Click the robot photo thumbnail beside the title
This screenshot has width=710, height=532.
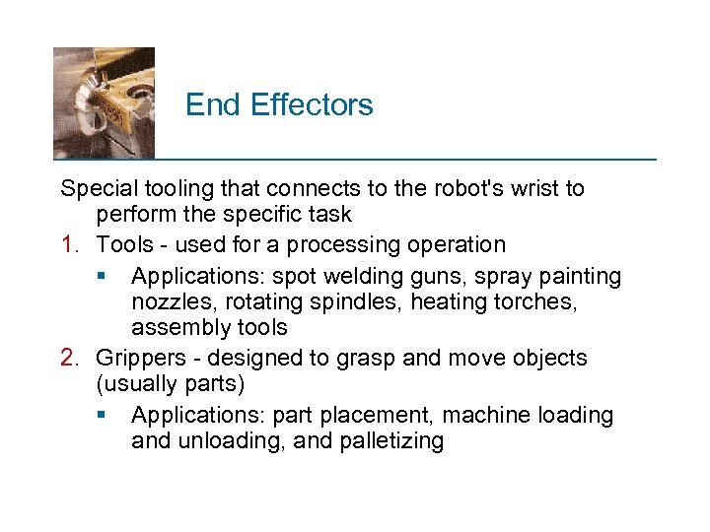tap(104, 102)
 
